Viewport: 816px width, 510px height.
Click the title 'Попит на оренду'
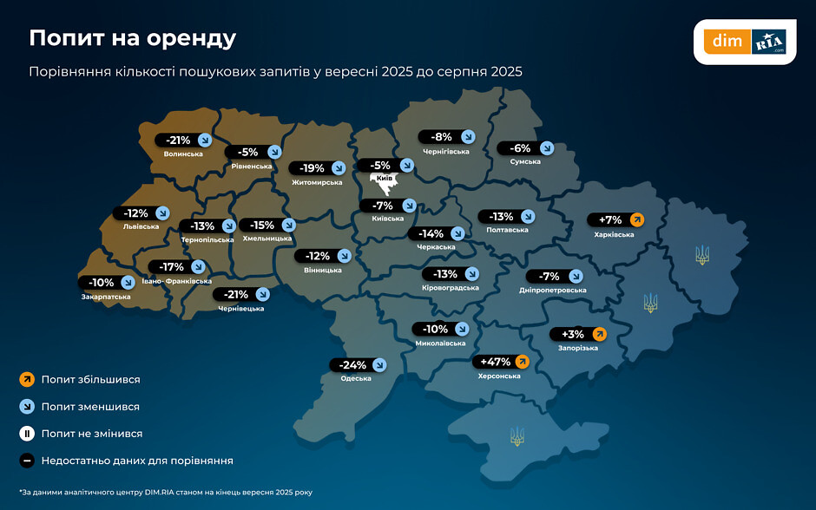pos(132,38)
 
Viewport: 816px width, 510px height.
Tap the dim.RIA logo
pos(744,41)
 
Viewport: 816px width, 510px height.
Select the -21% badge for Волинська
pos(183,140)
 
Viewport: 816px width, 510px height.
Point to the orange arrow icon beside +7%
pos(637,219)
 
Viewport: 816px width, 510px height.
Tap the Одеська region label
pos(356,378)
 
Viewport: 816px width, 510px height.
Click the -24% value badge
pos(359,364)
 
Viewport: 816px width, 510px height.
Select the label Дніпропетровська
pos(554,291)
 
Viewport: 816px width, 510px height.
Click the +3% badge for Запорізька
pos(578,334)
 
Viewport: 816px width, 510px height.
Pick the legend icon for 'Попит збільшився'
pos(27,380)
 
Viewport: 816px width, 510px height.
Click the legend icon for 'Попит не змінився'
pos(27,434)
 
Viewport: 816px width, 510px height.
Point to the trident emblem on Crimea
pos(517,435)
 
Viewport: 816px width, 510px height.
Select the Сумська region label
pos(525,161)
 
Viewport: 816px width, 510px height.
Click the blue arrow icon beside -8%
pos(468,136)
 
